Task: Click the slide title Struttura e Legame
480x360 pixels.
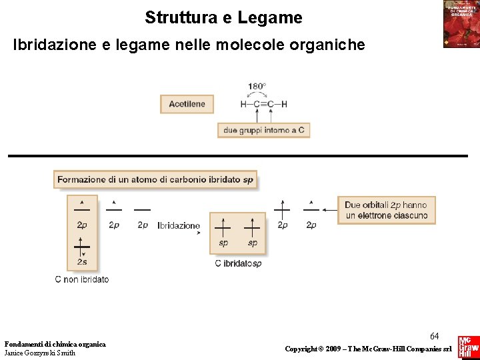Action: [223, 17]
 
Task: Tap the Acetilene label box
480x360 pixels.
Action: [187, 104]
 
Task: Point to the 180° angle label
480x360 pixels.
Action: [257, 87]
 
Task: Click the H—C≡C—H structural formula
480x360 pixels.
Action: [263, 104]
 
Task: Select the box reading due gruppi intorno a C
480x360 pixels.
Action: [263, 131]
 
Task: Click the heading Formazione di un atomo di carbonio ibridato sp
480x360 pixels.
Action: [155, 179]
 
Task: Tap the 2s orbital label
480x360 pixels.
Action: [82, 262]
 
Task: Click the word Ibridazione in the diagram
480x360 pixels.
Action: [179, 226]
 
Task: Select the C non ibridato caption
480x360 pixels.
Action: [82, 279]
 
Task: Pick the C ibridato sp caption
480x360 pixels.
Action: [238, 263]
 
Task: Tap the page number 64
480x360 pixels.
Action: [434, 336]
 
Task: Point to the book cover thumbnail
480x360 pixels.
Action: [461, 24]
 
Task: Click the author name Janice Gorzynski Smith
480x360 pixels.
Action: [40, 353]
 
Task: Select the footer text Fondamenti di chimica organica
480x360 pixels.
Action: [55, 344]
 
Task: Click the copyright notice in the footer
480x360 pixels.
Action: [368, 349]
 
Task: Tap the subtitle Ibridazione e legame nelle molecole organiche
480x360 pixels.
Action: [189, 45]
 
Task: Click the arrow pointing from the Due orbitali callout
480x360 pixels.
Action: [329, 209]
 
